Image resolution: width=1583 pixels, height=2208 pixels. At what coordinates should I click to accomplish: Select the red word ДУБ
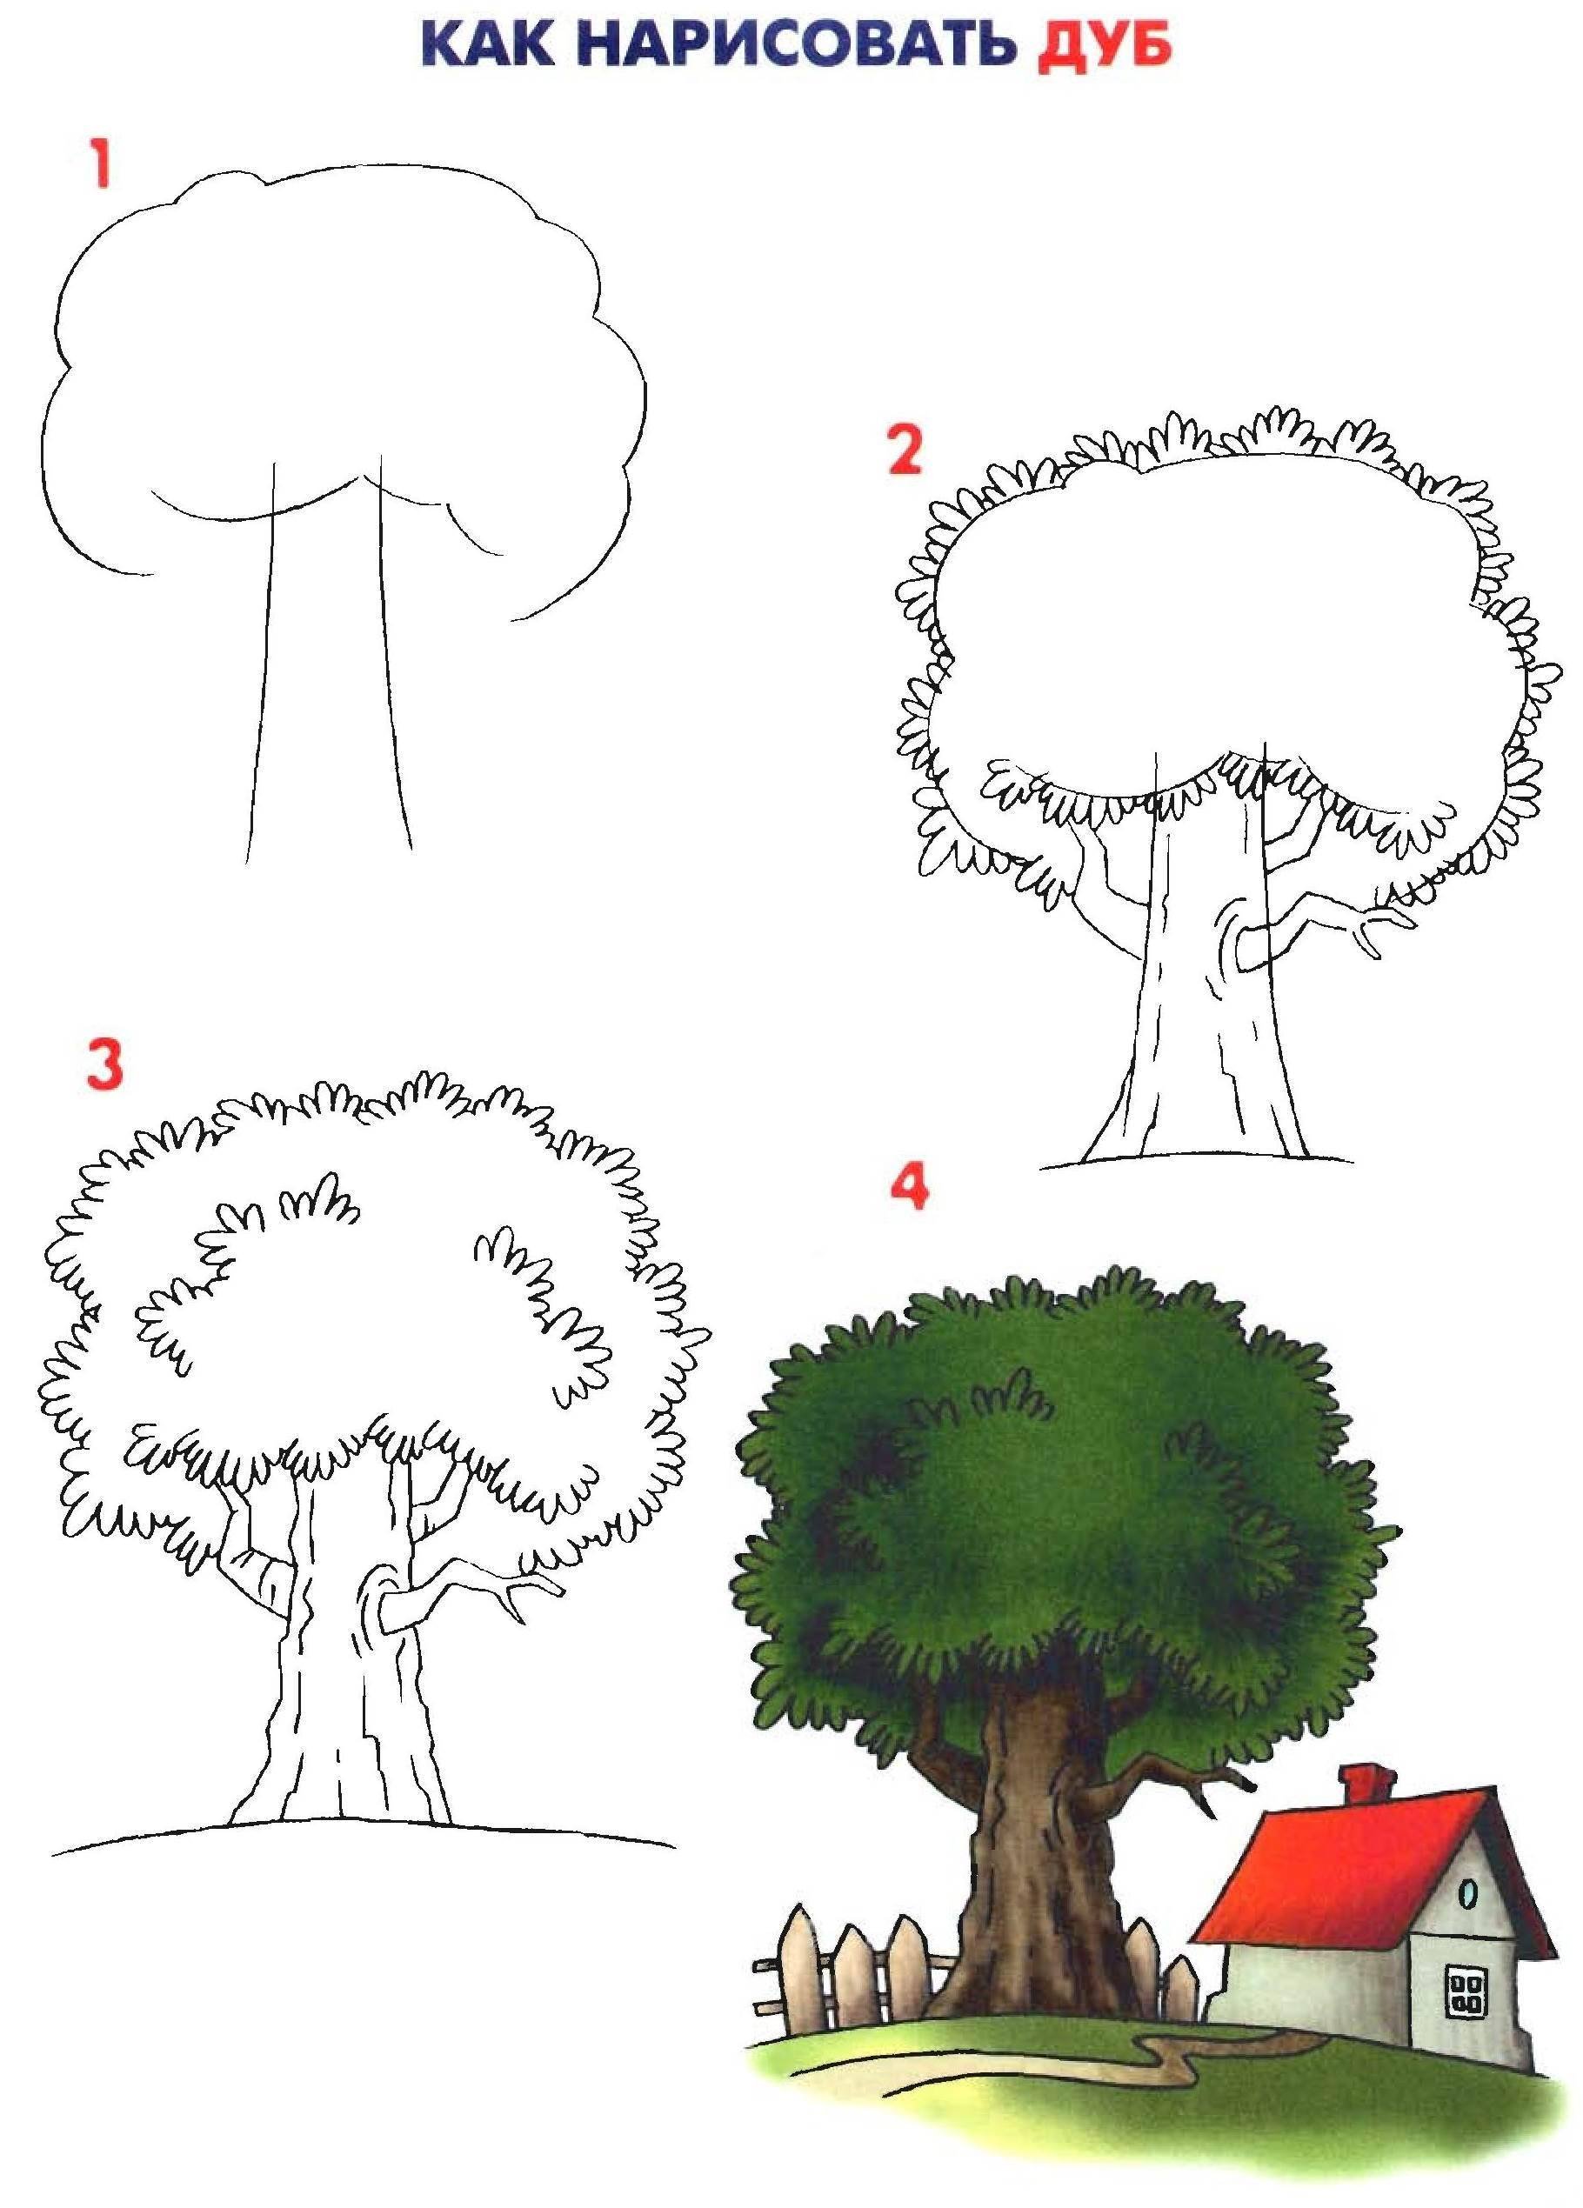pyautogui.click(x=1104, y=46)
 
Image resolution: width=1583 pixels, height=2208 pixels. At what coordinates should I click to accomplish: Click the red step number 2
pyautogui.click(x=905, y=450)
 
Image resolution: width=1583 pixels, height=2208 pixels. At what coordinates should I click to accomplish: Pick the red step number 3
pyautogui.click(x=104, y=1064)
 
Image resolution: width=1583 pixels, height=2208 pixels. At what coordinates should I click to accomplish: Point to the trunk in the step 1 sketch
pyautogui.click(x=328, y=662)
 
